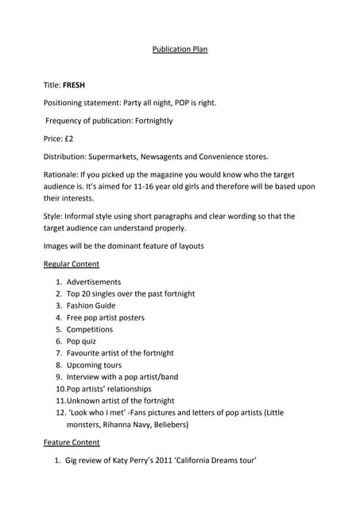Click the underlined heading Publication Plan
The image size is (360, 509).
pyautogui.click(x=180, y=49)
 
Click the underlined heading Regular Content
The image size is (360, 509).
pyautogui.click(x=71, y=264)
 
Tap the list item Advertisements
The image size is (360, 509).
pyautogui.click(x=94, y=282)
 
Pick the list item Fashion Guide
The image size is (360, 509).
pyautogui.click(x=91, y=305)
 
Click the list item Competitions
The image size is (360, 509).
pyautogui.click(x=90, y=329)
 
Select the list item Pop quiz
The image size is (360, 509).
pyautogui.click(x=81, y=341)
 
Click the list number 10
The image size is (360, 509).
pyautogui.click(x=60, y=389)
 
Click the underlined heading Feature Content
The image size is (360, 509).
pyautogui.click(x=72, y=442)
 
